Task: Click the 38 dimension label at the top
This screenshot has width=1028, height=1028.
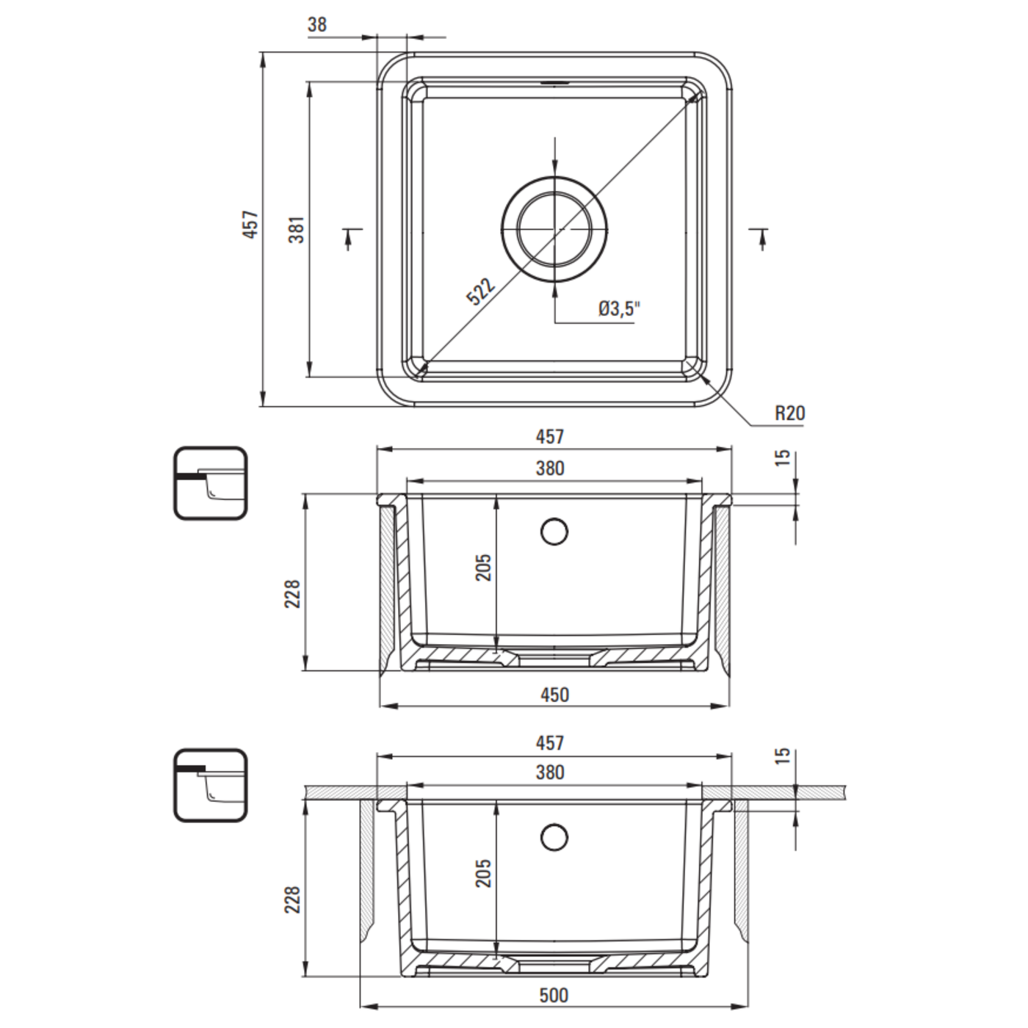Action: point(317,24)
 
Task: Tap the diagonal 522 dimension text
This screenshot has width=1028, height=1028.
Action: point(481,292)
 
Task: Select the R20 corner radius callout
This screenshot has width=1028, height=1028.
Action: point(789,413)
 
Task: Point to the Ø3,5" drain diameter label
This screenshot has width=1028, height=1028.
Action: point(619,308)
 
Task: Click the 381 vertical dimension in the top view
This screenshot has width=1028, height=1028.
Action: point(297,229)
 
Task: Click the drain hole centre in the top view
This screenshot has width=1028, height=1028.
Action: point(555,229)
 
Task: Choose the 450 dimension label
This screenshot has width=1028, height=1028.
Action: point(555,695)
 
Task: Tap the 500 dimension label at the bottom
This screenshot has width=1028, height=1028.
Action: point(554,995)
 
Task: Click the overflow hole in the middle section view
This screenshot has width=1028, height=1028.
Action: point(554,532)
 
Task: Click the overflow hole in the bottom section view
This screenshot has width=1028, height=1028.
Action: point(554,837)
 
